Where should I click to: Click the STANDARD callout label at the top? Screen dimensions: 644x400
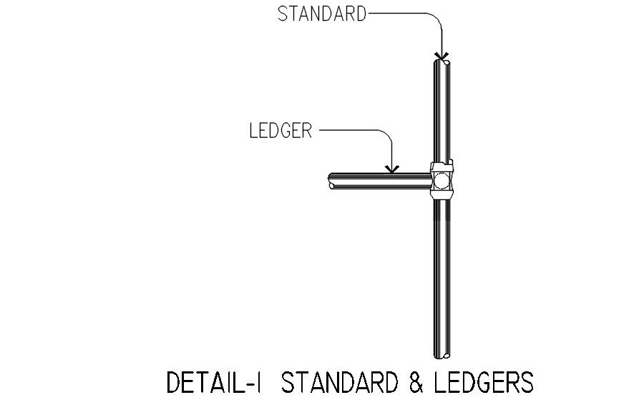322,14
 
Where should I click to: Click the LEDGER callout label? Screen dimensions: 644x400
281,131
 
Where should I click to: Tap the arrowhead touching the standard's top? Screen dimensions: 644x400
442,55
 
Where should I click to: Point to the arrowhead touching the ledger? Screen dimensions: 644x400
391,169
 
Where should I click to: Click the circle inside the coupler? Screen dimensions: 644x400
441,179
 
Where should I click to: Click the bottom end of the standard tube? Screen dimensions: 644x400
441,353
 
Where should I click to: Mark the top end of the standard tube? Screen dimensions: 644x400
441,63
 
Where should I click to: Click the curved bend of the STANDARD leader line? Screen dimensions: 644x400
435,18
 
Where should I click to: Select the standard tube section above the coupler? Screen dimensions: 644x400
441,115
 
